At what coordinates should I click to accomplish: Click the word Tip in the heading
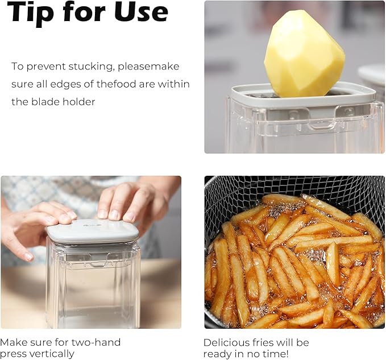click(31, 13)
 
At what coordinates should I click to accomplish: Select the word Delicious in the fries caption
click(229, 342)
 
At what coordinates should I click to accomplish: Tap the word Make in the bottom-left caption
click(13, 342)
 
